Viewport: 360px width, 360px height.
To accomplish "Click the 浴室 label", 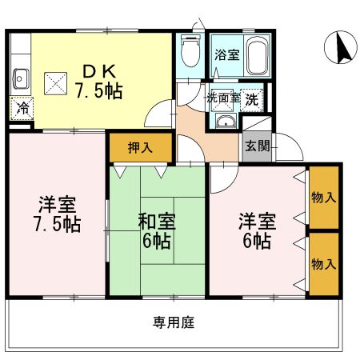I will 226,56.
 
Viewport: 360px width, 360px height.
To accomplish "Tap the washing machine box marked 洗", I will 251,98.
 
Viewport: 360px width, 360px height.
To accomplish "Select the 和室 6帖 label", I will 157,230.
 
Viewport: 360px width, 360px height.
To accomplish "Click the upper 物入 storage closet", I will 323,197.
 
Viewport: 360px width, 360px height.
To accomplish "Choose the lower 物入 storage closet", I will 323,264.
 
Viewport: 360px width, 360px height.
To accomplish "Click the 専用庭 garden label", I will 174,323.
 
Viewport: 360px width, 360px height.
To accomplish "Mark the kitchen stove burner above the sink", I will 19,48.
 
